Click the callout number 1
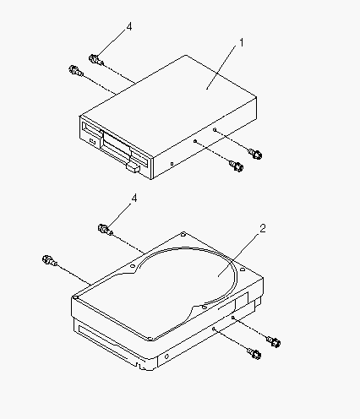click(242, 43)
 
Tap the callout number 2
click(263, 228)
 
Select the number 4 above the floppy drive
click(129, 27)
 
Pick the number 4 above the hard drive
click(134, 199)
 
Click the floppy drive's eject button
click(134, 167)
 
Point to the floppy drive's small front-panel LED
click(92, 141)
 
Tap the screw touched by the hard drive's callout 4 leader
click(105, 230)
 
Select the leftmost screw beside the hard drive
click(49, 260)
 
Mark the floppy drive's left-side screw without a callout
click(76, 70)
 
